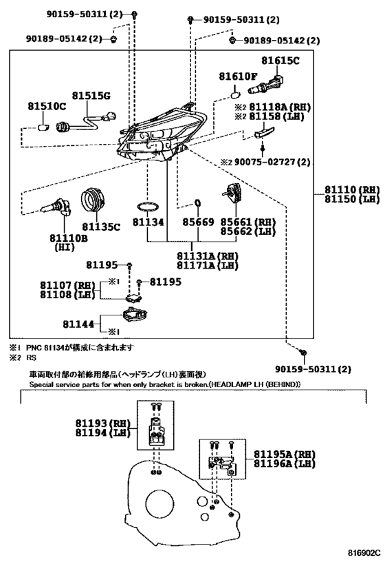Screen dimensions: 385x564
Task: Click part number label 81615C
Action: click(280, 61)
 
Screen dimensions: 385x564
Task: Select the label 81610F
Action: click(238, 76)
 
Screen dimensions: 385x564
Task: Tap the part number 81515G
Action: click(91, 96)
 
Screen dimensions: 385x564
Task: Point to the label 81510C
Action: click(47, 106)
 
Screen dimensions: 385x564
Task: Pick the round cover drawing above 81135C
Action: click(93, 200)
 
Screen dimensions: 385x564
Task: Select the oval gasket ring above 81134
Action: click(148, 207)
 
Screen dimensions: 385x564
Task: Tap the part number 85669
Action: click(198, 222)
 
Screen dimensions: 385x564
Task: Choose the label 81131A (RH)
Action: click(208, 256)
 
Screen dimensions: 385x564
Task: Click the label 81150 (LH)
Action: click(352, 199)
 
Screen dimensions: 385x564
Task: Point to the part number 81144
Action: click(78, 324)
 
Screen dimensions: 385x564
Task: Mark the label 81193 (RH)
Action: click(102, 423)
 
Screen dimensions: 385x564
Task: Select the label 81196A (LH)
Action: click(285, 463)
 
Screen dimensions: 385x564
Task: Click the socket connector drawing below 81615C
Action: click(266, 85)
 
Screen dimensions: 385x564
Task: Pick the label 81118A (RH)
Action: click(280, 107)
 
